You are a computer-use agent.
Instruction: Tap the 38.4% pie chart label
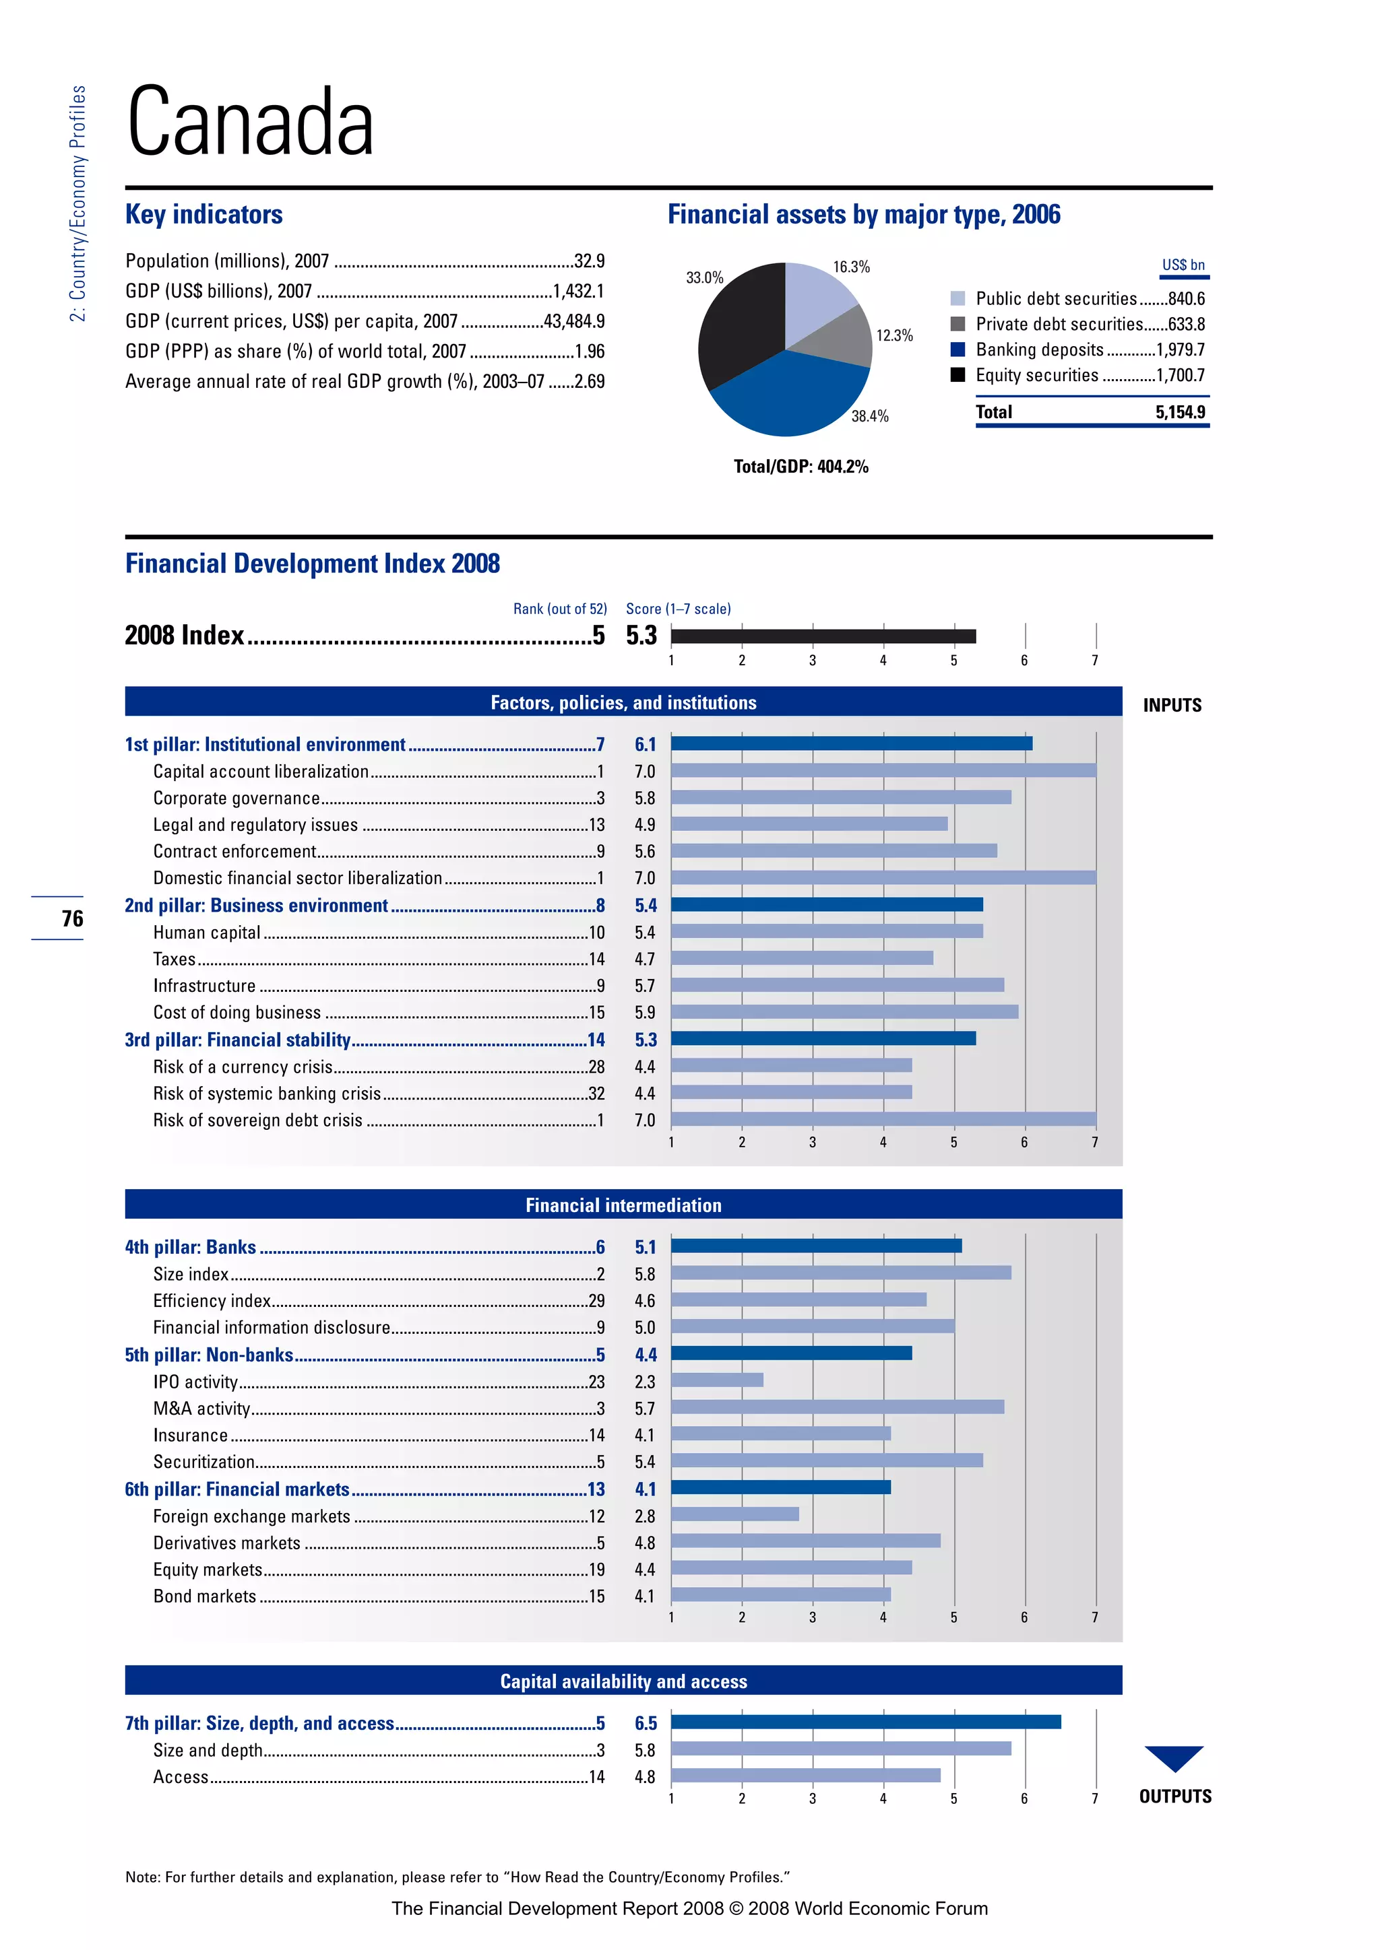pyautogui.click(x=869, y=416)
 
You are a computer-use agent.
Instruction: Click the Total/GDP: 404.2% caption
pyautogui.click(x=801, y=466)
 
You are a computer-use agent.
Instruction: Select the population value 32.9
pyautogui.click(x=589, y=261)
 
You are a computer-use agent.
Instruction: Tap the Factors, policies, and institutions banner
pyautogui.click(x=623, y=702)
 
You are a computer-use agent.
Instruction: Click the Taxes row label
pyautogui.click(x=175, y=959)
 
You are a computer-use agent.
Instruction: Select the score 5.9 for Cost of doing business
pyautogui.click(x=644, y=1012)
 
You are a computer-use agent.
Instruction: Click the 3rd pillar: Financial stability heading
pyautogui.click(x=238, y=1040)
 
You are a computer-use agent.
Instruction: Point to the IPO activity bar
pyautogui.click(x=716, y=1380)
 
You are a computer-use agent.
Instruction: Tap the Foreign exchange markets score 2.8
pyautogui.click(x=644, y=1516)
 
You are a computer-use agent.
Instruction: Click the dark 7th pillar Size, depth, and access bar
pyautogui.click(x=865, y=1722)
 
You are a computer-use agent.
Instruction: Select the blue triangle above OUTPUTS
pyautogui.click(x=1174, y=1755)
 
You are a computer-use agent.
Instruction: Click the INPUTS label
pyautogui.click(x=1172, y=705)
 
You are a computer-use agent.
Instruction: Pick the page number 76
pyautogui.click(x=72, y=918)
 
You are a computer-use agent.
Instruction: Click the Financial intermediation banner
pyautogui.click(x=623, y=1205)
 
